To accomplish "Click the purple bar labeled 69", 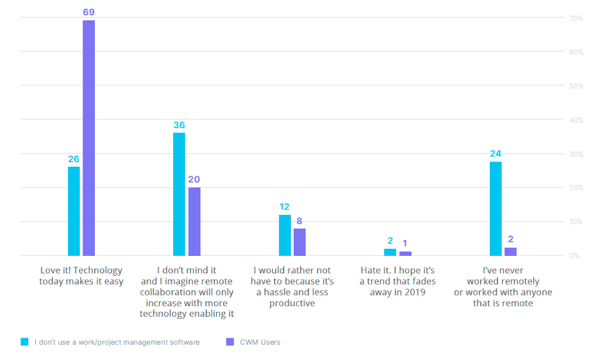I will [x=88, y=138].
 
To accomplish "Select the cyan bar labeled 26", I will [x=74, y=211].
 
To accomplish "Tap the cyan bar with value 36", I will [x=179, y=194].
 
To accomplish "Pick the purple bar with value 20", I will [x=194, y=221].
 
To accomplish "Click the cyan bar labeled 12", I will [x=284, y=235].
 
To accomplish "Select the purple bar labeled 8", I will [x=300, y=242].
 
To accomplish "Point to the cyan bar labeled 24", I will [x=496, y=208].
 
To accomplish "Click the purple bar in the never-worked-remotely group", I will [x=510, y=252].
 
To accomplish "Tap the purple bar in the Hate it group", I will [x=405, y=253].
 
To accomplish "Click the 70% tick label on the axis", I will [x=576, y=18].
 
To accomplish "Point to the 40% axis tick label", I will [x=576, y=120].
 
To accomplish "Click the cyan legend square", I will [x=25, y=342].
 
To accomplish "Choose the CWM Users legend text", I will [x=259, y=342].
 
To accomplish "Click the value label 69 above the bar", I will [x=88, y=11].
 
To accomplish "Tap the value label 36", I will [x=179, y=125].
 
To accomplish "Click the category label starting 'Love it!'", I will [x=81, y=276].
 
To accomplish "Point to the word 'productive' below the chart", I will [x=292, y=303].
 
